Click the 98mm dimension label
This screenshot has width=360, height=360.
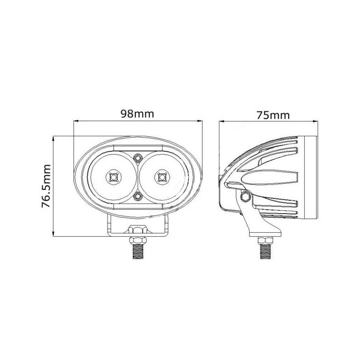(137, 114)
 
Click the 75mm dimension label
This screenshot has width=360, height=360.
(273, 115)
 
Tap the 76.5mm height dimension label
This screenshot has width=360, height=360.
(46, 186)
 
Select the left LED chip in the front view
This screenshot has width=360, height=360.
(113, 177)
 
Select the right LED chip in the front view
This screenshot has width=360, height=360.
(162, 177)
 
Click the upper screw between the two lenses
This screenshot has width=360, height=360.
(138, 158)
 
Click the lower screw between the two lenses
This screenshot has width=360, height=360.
(138, 196)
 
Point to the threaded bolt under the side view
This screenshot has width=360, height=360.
(265, 252)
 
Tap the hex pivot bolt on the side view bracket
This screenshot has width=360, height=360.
(245, 196)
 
